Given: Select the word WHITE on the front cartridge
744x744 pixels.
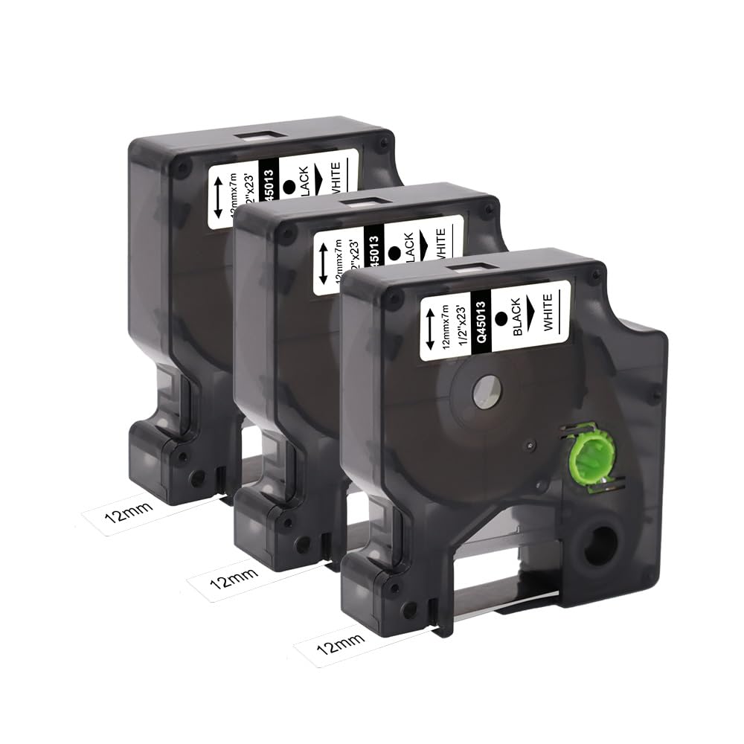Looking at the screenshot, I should (548, 313).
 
